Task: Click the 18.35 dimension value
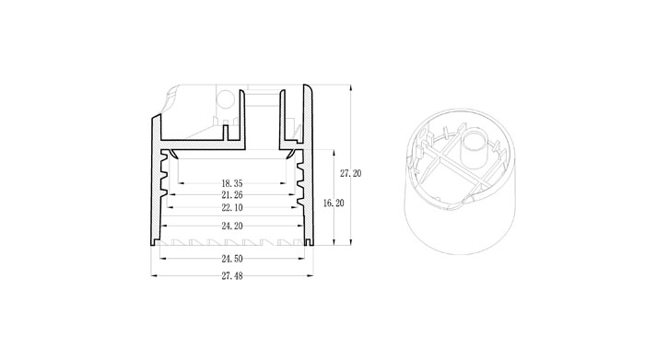pyautogui.click(x=232, y=183)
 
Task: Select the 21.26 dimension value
pyautogui.click(x=232, y=195)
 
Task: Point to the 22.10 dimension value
pyautogui.click(x=232, y=207)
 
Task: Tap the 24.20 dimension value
pyautogui.click(x=232, y=226)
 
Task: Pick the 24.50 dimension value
pyautogui.click(x=232, y=259)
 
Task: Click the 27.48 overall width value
pyautogui.click(x=232, y=275)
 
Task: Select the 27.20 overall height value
pyautogui.click(x=350, y=173)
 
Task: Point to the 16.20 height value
pyautogui.click(x=334, y=203)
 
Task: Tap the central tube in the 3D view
pyautogui.click(x=474, y=149)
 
